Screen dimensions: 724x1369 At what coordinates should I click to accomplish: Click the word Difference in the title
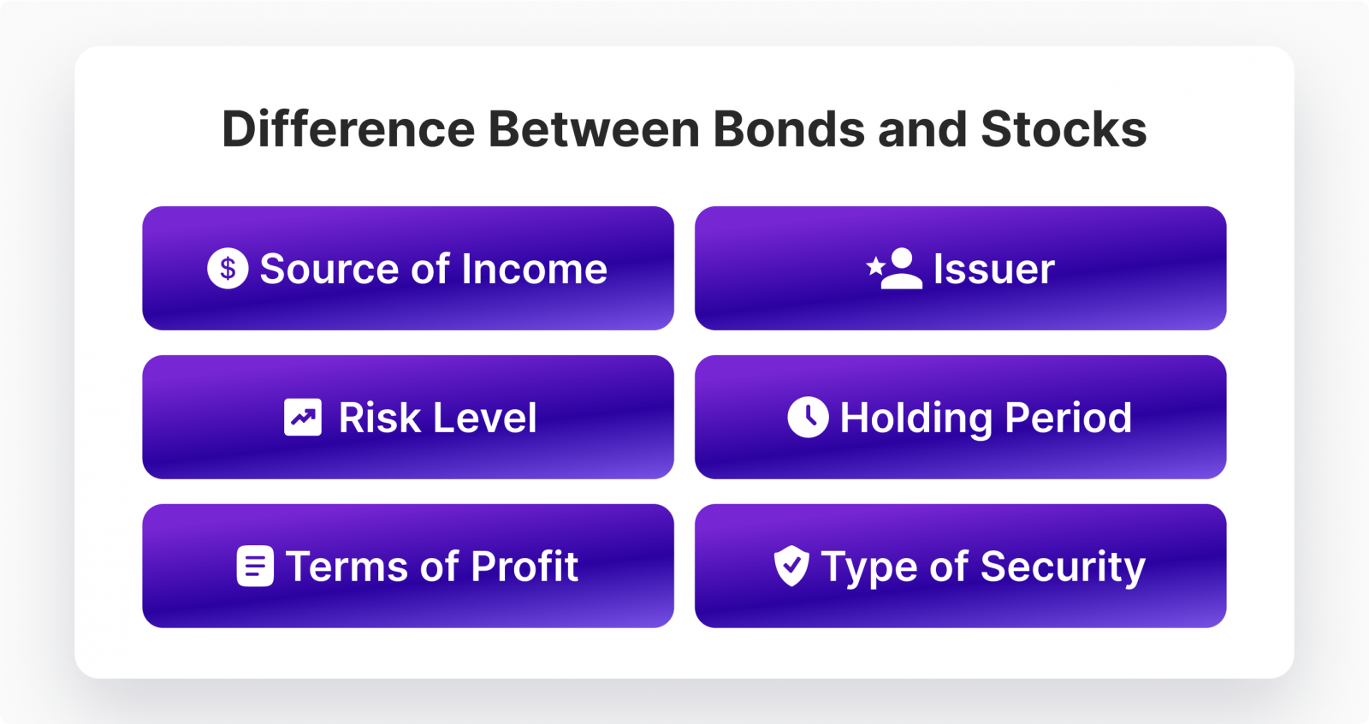click(347, 130)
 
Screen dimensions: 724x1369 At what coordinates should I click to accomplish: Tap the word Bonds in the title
click(790, 130)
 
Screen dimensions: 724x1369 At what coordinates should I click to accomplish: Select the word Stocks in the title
click(1063, 130)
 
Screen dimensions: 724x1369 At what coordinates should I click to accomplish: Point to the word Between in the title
click(594, 130)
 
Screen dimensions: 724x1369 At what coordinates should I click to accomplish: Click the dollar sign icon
click(228, 269)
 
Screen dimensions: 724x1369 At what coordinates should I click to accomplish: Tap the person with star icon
click(895, 269)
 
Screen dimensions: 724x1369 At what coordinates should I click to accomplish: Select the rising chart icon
click(303, 418)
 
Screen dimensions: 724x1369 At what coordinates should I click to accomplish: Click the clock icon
click(808, 418)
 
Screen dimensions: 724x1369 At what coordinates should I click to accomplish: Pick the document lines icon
click(255, 567)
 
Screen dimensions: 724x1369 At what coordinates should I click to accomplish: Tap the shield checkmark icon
click(791, 567)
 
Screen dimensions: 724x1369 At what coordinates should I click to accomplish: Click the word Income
click(535, 270)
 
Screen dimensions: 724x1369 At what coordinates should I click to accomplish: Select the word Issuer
click(994, 270)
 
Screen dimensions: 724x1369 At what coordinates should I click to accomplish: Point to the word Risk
click(379, 418)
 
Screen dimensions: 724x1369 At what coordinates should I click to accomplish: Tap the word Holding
click(916, 418)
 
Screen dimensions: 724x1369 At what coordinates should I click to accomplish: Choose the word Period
click(1068, 418)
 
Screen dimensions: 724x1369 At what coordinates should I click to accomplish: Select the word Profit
click(524, 567)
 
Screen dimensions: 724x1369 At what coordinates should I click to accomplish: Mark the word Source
click(329, 270)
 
